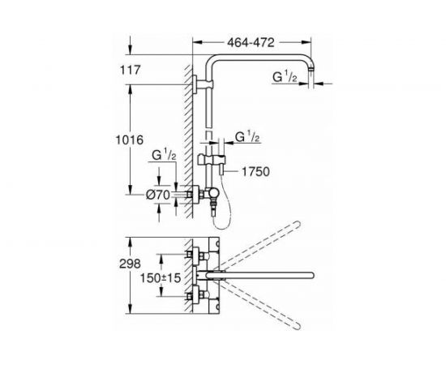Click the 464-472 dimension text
coord(251,43)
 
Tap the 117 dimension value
coord(131,70)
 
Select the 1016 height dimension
coord(130,140)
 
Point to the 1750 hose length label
coord(255,171)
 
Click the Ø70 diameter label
coord(158,195)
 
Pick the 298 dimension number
coord(130,264)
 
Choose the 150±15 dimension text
coord(161,278)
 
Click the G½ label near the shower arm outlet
coord(285,77)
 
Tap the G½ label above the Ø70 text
coord(164,156)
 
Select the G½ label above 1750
coord(247,138)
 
